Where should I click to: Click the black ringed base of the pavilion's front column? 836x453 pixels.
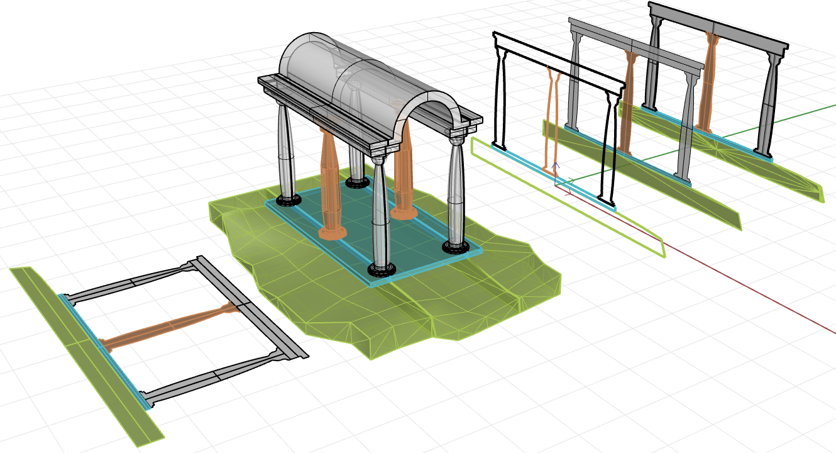[x=382, y=270]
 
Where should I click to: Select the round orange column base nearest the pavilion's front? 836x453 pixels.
[x=333, y=233]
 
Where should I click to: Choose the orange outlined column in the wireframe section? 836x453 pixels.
[x=551, y=120]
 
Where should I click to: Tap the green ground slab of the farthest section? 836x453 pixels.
[x=786, y=176]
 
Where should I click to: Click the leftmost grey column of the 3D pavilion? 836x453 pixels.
[x=286, y=151]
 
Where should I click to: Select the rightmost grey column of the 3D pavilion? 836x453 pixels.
[x=456, y=189]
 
